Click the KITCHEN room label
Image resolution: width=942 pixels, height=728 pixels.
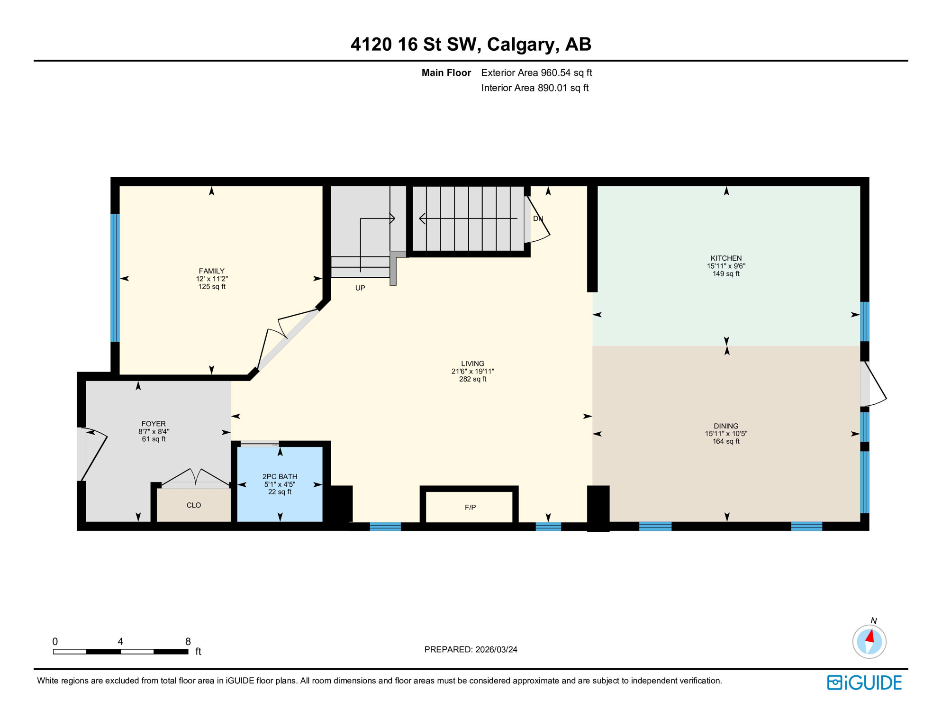pyautogui.click(x=726, y=258)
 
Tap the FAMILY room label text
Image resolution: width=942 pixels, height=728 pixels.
pyautogui.click(x=211, y=271)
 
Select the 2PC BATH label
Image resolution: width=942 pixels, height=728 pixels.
pyautogui.click(x=280, y=476)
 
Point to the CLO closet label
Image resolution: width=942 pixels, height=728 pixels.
pyautogui.click(x=193, y=505)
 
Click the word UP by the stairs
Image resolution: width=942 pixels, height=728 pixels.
pyautogui.click(x=360, y=288)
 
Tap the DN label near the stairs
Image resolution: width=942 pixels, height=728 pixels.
pyautogui.click(x=538, y=218)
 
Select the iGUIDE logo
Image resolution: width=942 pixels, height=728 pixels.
pyautogui.click(x=864, y=682)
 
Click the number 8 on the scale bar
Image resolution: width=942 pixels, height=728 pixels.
pyautogui.click(x=188, y=641)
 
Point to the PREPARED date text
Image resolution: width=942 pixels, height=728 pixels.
pyautogui.click(x=471, y=649)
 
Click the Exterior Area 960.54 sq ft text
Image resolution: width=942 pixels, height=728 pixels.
pyautogui.click(x=536, y=73)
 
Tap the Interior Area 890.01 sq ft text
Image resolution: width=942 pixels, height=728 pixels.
pyautogui.click(x=534, y=88)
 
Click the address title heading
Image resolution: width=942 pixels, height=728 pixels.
pyautogui.click(x=471, y=44)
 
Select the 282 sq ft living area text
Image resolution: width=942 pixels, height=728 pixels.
pyautogui.click(x=472, y=379)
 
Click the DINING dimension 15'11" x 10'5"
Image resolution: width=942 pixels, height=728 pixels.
pyautogui.click(x=726, y=434)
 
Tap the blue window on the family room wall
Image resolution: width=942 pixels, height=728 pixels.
pyautogui.click(x=115, y=277)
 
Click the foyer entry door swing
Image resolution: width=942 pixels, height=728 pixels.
pyautogui.click(x=95, y=453)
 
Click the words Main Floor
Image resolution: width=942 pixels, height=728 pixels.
pyautogui.click(x=446, y=73)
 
